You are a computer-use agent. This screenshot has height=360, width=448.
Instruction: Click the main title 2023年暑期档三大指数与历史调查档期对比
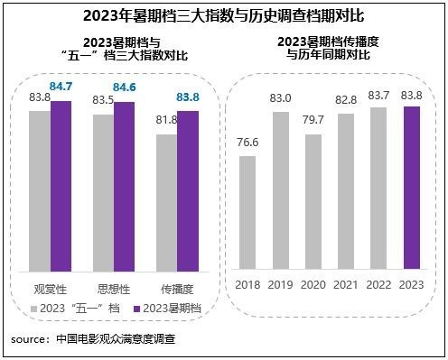pyautogui.click(x=223, y=14)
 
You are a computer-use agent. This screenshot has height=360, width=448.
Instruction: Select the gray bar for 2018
pyautogui.click(x=247, y=212)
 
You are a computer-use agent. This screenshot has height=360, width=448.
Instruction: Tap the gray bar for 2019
pyautogui.click(x=280, y=189)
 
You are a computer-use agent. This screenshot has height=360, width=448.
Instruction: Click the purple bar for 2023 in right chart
pyautogui.click(x=411, y=187)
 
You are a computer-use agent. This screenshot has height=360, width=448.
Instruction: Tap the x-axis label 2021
pyautogui.click(x=345, y=286)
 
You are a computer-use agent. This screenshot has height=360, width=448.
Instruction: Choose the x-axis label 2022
pyautogui.click(x=378, y=286)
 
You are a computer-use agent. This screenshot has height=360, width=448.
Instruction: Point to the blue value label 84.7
pyautogui.click(x=61, y=88)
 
